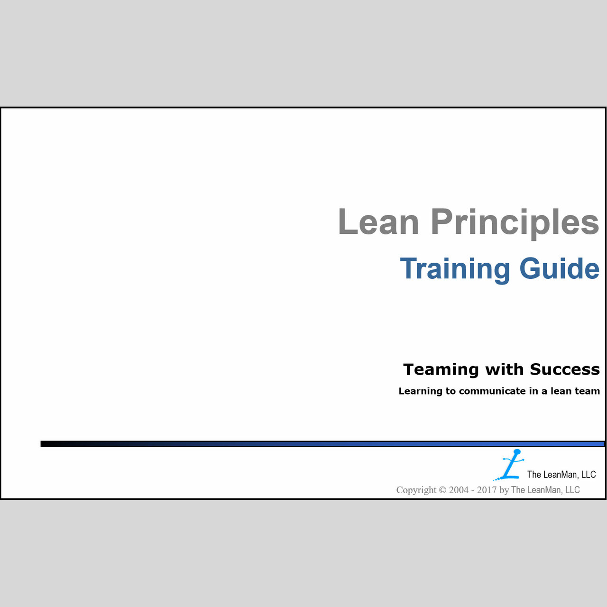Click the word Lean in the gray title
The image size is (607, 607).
(378, 221)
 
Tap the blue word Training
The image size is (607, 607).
(455, 270)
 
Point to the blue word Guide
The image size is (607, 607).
(560, 268)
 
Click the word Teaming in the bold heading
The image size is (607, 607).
(441, 370)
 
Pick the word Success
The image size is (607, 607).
(565, 369)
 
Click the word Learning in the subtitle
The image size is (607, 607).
(420, 392)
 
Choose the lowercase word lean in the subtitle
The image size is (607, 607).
(561, 391)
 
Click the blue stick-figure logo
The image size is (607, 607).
(509, 465)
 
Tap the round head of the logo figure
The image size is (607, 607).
(517, 452)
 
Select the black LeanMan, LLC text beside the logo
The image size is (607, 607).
(561, 474)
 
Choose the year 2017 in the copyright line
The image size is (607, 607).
(487, 490)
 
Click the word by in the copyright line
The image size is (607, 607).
(504, 490)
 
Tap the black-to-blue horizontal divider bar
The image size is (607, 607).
(322, 444)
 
